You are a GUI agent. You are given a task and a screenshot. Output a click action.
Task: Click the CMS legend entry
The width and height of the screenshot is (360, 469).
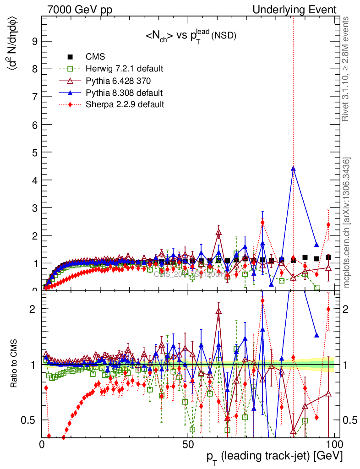pyautogui.click(x=95, y=57)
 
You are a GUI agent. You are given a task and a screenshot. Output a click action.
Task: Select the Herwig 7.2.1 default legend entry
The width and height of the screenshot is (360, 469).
pyautogui.click(x=124, y=69)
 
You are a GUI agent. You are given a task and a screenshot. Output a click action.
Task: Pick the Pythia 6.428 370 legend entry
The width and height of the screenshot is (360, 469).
pyautogui.click(x=118, y=81)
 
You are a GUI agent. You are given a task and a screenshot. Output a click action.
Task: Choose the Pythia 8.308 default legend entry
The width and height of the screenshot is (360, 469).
pyautogui.click(x=124, y=93)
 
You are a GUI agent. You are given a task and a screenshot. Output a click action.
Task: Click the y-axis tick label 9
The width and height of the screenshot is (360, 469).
pyautogui.click(x=34, y=41)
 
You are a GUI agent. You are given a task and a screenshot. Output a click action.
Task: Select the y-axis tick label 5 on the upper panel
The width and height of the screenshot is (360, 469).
pyautogui.click(x=34, y=152)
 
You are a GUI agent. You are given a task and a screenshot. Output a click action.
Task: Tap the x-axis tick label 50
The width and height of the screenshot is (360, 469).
pyautogui.click(x=188, y=444)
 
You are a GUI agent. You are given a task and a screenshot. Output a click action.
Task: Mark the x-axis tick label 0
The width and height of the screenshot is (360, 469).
pyautogui.click(x=42, y=444)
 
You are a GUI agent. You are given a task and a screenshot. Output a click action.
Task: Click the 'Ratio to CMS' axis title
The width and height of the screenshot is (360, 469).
pyautogui.click(x=15, y=364)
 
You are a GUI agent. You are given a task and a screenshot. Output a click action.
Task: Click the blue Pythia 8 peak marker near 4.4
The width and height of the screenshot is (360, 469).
pyautogui.click(x=293, y=169)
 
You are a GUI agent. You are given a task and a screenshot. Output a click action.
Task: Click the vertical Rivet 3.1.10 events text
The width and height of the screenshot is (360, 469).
pyautogui.click(x=347, y=69)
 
